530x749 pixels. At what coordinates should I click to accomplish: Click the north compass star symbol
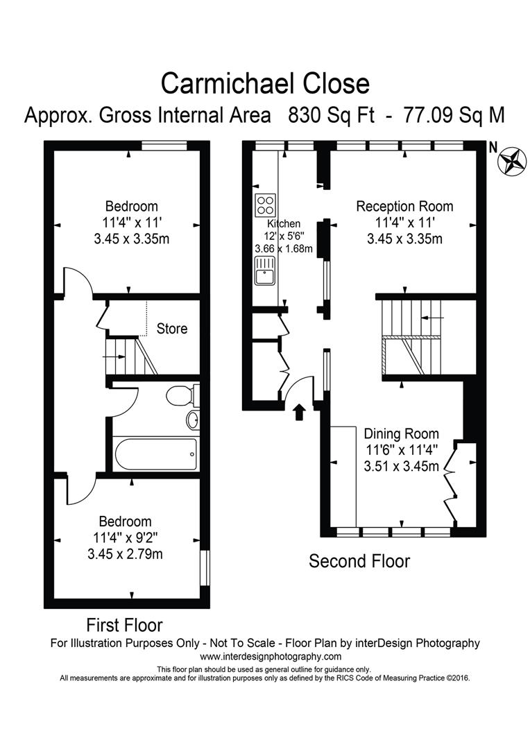pyautogui.click(x=513, y=162)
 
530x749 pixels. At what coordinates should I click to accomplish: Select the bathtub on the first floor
pyautogui.click(x=156, y=454)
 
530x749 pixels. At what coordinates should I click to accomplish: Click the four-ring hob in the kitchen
pyautogui.click(x=266, y=205)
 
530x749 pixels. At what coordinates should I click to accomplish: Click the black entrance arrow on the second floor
pyautogui.click(x=299, y=412)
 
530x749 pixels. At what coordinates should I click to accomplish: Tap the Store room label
pyautogui.click(x=172, y=329)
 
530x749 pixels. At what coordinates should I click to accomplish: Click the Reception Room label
pyautogui.click(x=405, y=207)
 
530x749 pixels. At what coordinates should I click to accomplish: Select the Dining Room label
pyautogui.click(x=402, y=433)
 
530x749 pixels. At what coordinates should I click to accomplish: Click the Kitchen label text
pyautogui.click(x=284, y=223)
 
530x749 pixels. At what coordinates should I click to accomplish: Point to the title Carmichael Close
pyautogui.click(x=265, y=83)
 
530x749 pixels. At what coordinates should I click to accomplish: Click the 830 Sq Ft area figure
pyautogui.click(x=332, y=115)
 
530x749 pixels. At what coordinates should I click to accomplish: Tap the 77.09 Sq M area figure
pyautogui.click(x=454, y=115)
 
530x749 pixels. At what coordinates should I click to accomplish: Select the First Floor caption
pyautogui.click(x=124, y=625)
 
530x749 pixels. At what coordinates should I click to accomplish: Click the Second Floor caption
pyautogui.click(x=359, y=561)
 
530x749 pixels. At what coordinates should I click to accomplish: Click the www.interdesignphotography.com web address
pyautogui.click(x=271, y=656)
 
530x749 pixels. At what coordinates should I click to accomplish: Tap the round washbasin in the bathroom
pyautogui.click(x=193, y=420)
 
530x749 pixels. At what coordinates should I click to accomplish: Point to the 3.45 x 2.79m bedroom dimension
pyautogui.click(x=125, y=554)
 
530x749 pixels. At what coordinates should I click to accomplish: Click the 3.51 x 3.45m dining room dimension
pyautogui.click(x=402, y=466)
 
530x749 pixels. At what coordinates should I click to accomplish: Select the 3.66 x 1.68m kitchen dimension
pyautogui.click(x=284, y=248)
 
